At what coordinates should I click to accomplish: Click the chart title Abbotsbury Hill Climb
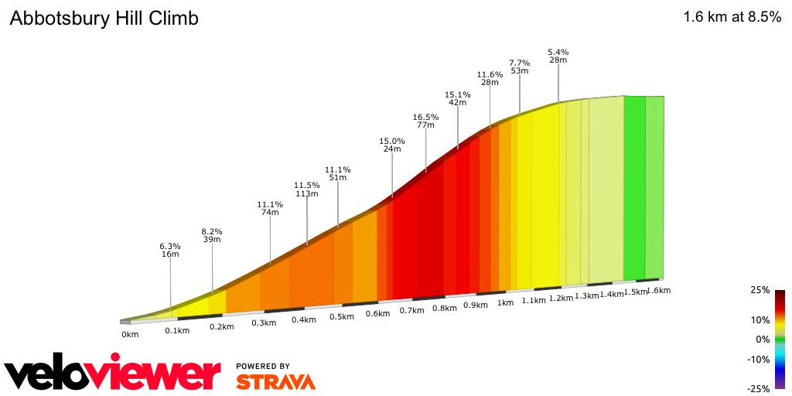tap(104, 19)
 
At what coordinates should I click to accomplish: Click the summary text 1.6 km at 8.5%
tap(732, 18)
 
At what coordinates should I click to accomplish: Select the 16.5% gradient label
tap(425, 118)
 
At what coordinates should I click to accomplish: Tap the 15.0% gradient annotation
tap(392, 141)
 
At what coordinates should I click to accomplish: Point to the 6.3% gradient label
tap(170, 247)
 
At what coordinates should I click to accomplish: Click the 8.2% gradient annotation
tap(212, 231)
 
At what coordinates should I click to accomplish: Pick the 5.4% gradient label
tap(558, 51)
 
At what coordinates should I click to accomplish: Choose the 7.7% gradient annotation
tap(519, 63)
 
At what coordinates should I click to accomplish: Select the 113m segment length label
tap(307, 194)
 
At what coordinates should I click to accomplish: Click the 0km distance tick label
tap(129, 334)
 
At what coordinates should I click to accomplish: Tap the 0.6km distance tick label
tap(377, 313)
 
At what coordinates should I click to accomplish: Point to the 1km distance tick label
tap(505, 303)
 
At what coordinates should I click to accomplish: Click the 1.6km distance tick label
tap(657, 291)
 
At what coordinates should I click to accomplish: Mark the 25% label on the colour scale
tap(760, 290)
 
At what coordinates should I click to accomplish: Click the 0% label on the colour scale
tap(763, 340)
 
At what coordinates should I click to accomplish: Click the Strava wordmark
tap(275, 381)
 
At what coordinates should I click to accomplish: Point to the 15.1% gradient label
tap(458, 95)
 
